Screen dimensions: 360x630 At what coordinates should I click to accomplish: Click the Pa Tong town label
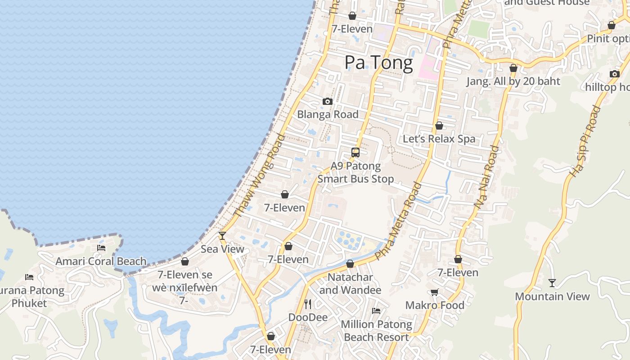[x=378, y=63]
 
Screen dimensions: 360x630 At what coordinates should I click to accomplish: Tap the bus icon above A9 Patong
[x=355, y=152]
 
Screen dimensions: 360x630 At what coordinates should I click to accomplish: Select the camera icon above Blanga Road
[x=328, y=101]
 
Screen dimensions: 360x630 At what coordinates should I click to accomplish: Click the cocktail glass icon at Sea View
[x=222, y=235]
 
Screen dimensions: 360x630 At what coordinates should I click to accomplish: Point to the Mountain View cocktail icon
[x=552, y=283]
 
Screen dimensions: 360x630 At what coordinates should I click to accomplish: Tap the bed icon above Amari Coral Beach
[x=101, y=247]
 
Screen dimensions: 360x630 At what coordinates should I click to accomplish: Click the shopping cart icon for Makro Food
[x=435, y=292]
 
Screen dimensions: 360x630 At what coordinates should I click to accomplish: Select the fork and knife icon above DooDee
[x=308, y=304]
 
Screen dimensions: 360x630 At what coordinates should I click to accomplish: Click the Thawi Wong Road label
[x=260, y=175]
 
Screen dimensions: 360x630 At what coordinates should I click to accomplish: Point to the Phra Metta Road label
[x=399, y=221]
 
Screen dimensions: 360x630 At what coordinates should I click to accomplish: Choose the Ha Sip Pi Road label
[x=585, y=140]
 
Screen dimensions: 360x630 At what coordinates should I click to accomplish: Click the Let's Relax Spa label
[x=439, y=139]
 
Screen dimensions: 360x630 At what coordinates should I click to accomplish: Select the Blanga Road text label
[x=328, y=114]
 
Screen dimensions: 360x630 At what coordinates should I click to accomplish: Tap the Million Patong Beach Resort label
[x=376, y=330]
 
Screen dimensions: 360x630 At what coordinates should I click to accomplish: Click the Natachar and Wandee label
[x=350, y=283]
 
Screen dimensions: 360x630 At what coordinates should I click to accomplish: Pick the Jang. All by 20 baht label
[x=513, y=81]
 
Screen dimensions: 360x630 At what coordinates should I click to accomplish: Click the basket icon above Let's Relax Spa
[x=439, y=126]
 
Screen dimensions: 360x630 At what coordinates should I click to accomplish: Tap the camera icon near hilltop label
[x=615, y=74]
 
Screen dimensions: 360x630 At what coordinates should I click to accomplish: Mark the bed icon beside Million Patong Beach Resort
[x=376, y=310]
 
